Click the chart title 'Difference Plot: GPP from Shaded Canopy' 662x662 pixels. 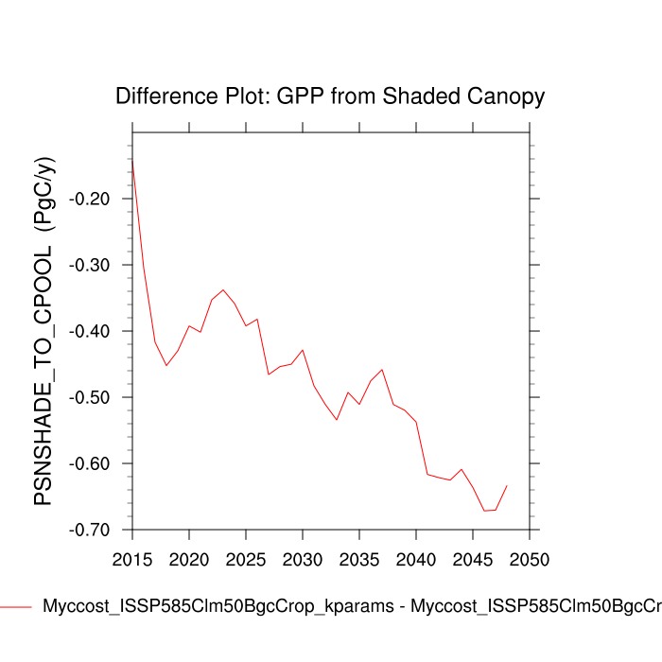[x=330, y=96]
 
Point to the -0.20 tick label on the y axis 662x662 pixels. [x=93, y=200]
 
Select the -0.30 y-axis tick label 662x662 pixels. [x=93, y=266]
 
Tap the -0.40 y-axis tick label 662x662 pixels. [x=93, y=332]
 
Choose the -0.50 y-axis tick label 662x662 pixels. [x=93, y=398]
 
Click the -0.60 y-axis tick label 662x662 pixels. [x=93, y=464]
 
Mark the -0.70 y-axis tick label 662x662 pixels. [x=93, y=531]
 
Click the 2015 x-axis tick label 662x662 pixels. [x=132, y=559]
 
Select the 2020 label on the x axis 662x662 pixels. [x=189, y=559]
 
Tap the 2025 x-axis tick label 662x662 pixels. [x=246, y=559]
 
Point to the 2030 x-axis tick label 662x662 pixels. [x=303, y=559]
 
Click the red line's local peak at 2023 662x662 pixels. [x=223, y=289]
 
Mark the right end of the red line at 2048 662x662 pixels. [x=507, y=485]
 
